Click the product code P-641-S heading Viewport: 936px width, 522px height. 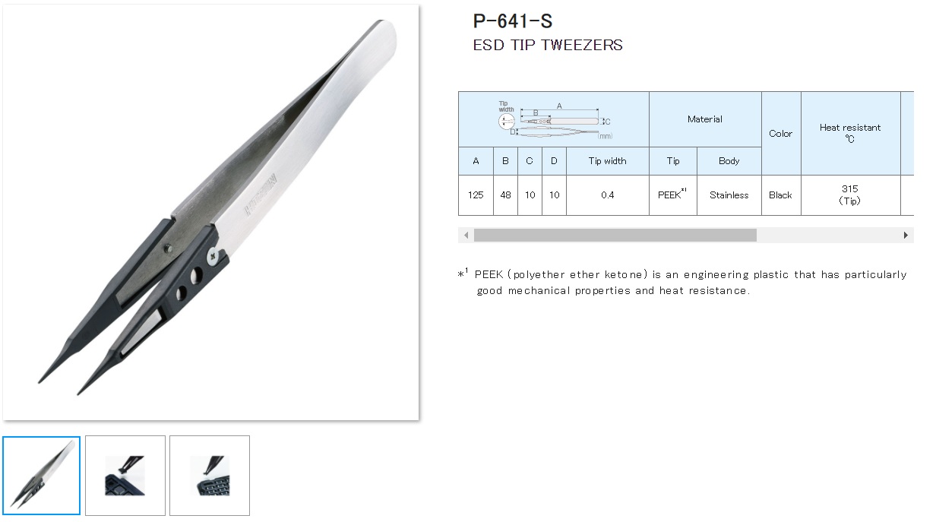click(512, 21)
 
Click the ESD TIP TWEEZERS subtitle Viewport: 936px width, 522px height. click(547, 45)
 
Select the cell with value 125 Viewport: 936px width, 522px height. click(476, 195)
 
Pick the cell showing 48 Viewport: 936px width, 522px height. click(505, 195)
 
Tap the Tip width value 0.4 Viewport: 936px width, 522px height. click(607, 195)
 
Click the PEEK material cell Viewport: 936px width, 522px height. click(672, 195)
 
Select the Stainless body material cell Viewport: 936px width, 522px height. click(729, 195)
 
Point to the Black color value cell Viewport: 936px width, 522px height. click(780, 195)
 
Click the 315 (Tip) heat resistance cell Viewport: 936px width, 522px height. click(849, 195)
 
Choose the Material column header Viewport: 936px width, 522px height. click(704, 119)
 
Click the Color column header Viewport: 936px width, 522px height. click(780, 134)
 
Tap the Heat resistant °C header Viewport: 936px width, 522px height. click(849, 133)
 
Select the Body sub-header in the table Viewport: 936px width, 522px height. click(729, 161)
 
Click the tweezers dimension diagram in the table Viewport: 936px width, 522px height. click(555, 120)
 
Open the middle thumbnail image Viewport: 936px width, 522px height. click(125, 475)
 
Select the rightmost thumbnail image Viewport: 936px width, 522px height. click(209, 475)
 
